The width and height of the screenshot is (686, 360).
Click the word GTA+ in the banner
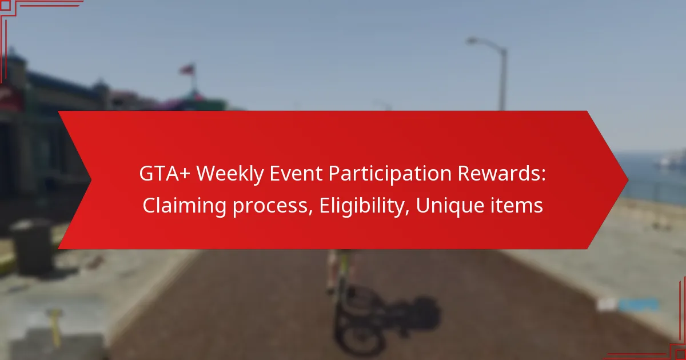click(165, 173)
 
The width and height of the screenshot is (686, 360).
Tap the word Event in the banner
click(296, 173)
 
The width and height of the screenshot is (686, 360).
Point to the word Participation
click(390, 174)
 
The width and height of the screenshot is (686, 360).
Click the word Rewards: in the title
click(502, 173)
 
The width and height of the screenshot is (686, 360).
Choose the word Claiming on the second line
click(185, 206)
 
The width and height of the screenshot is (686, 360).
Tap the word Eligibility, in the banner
click(365, 206)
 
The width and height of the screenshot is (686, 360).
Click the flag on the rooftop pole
click(187, 70)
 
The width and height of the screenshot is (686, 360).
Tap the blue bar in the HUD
click(638, 305)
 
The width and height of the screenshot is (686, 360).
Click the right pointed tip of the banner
click(628, 180)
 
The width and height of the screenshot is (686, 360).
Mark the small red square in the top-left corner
click(6, 6)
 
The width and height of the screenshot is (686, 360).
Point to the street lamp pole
click(502, 79)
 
